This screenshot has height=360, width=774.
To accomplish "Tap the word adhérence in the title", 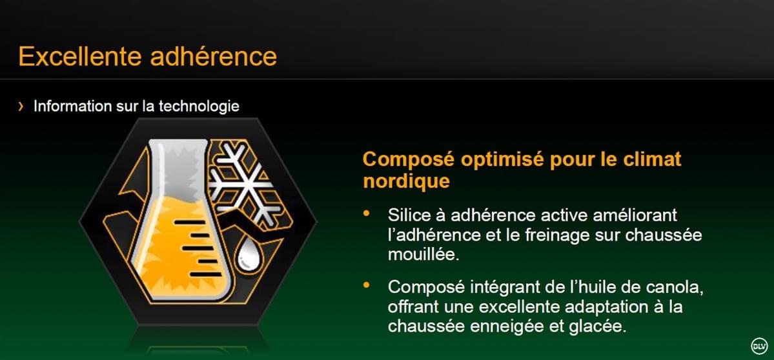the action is (x=214, y=56).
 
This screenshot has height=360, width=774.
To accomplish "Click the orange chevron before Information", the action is (x=21, y=106).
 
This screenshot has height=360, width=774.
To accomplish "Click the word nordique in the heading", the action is (x=406, y=181).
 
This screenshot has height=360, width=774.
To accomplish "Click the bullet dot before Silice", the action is (x=366, y=214).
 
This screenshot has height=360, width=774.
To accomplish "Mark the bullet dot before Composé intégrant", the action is (x=366, y=285).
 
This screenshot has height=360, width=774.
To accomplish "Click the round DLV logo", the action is (x=759, y=345).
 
